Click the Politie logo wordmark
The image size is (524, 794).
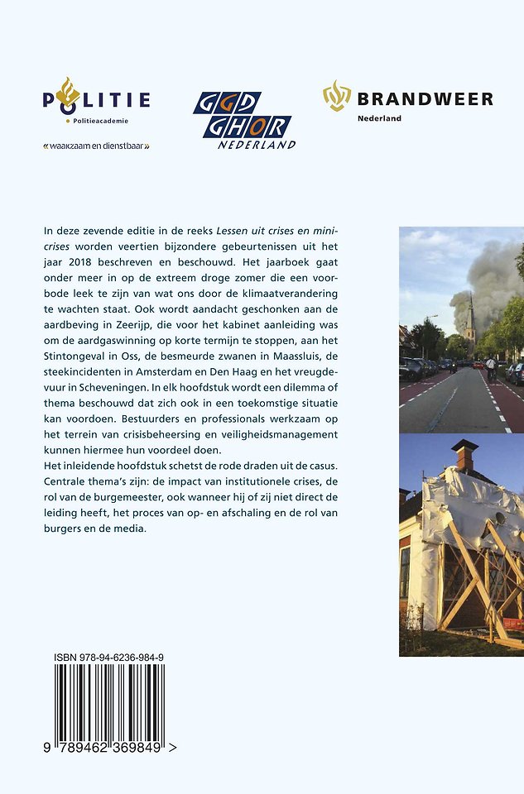tap(97, 101)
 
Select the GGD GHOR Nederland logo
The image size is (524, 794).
tap(243, 121)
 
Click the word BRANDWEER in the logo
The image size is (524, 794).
tap(425, 100)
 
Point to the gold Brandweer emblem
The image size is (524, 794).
tap(337, 96)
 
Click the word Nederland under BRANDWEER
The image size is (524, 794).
tap(379, 119)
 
